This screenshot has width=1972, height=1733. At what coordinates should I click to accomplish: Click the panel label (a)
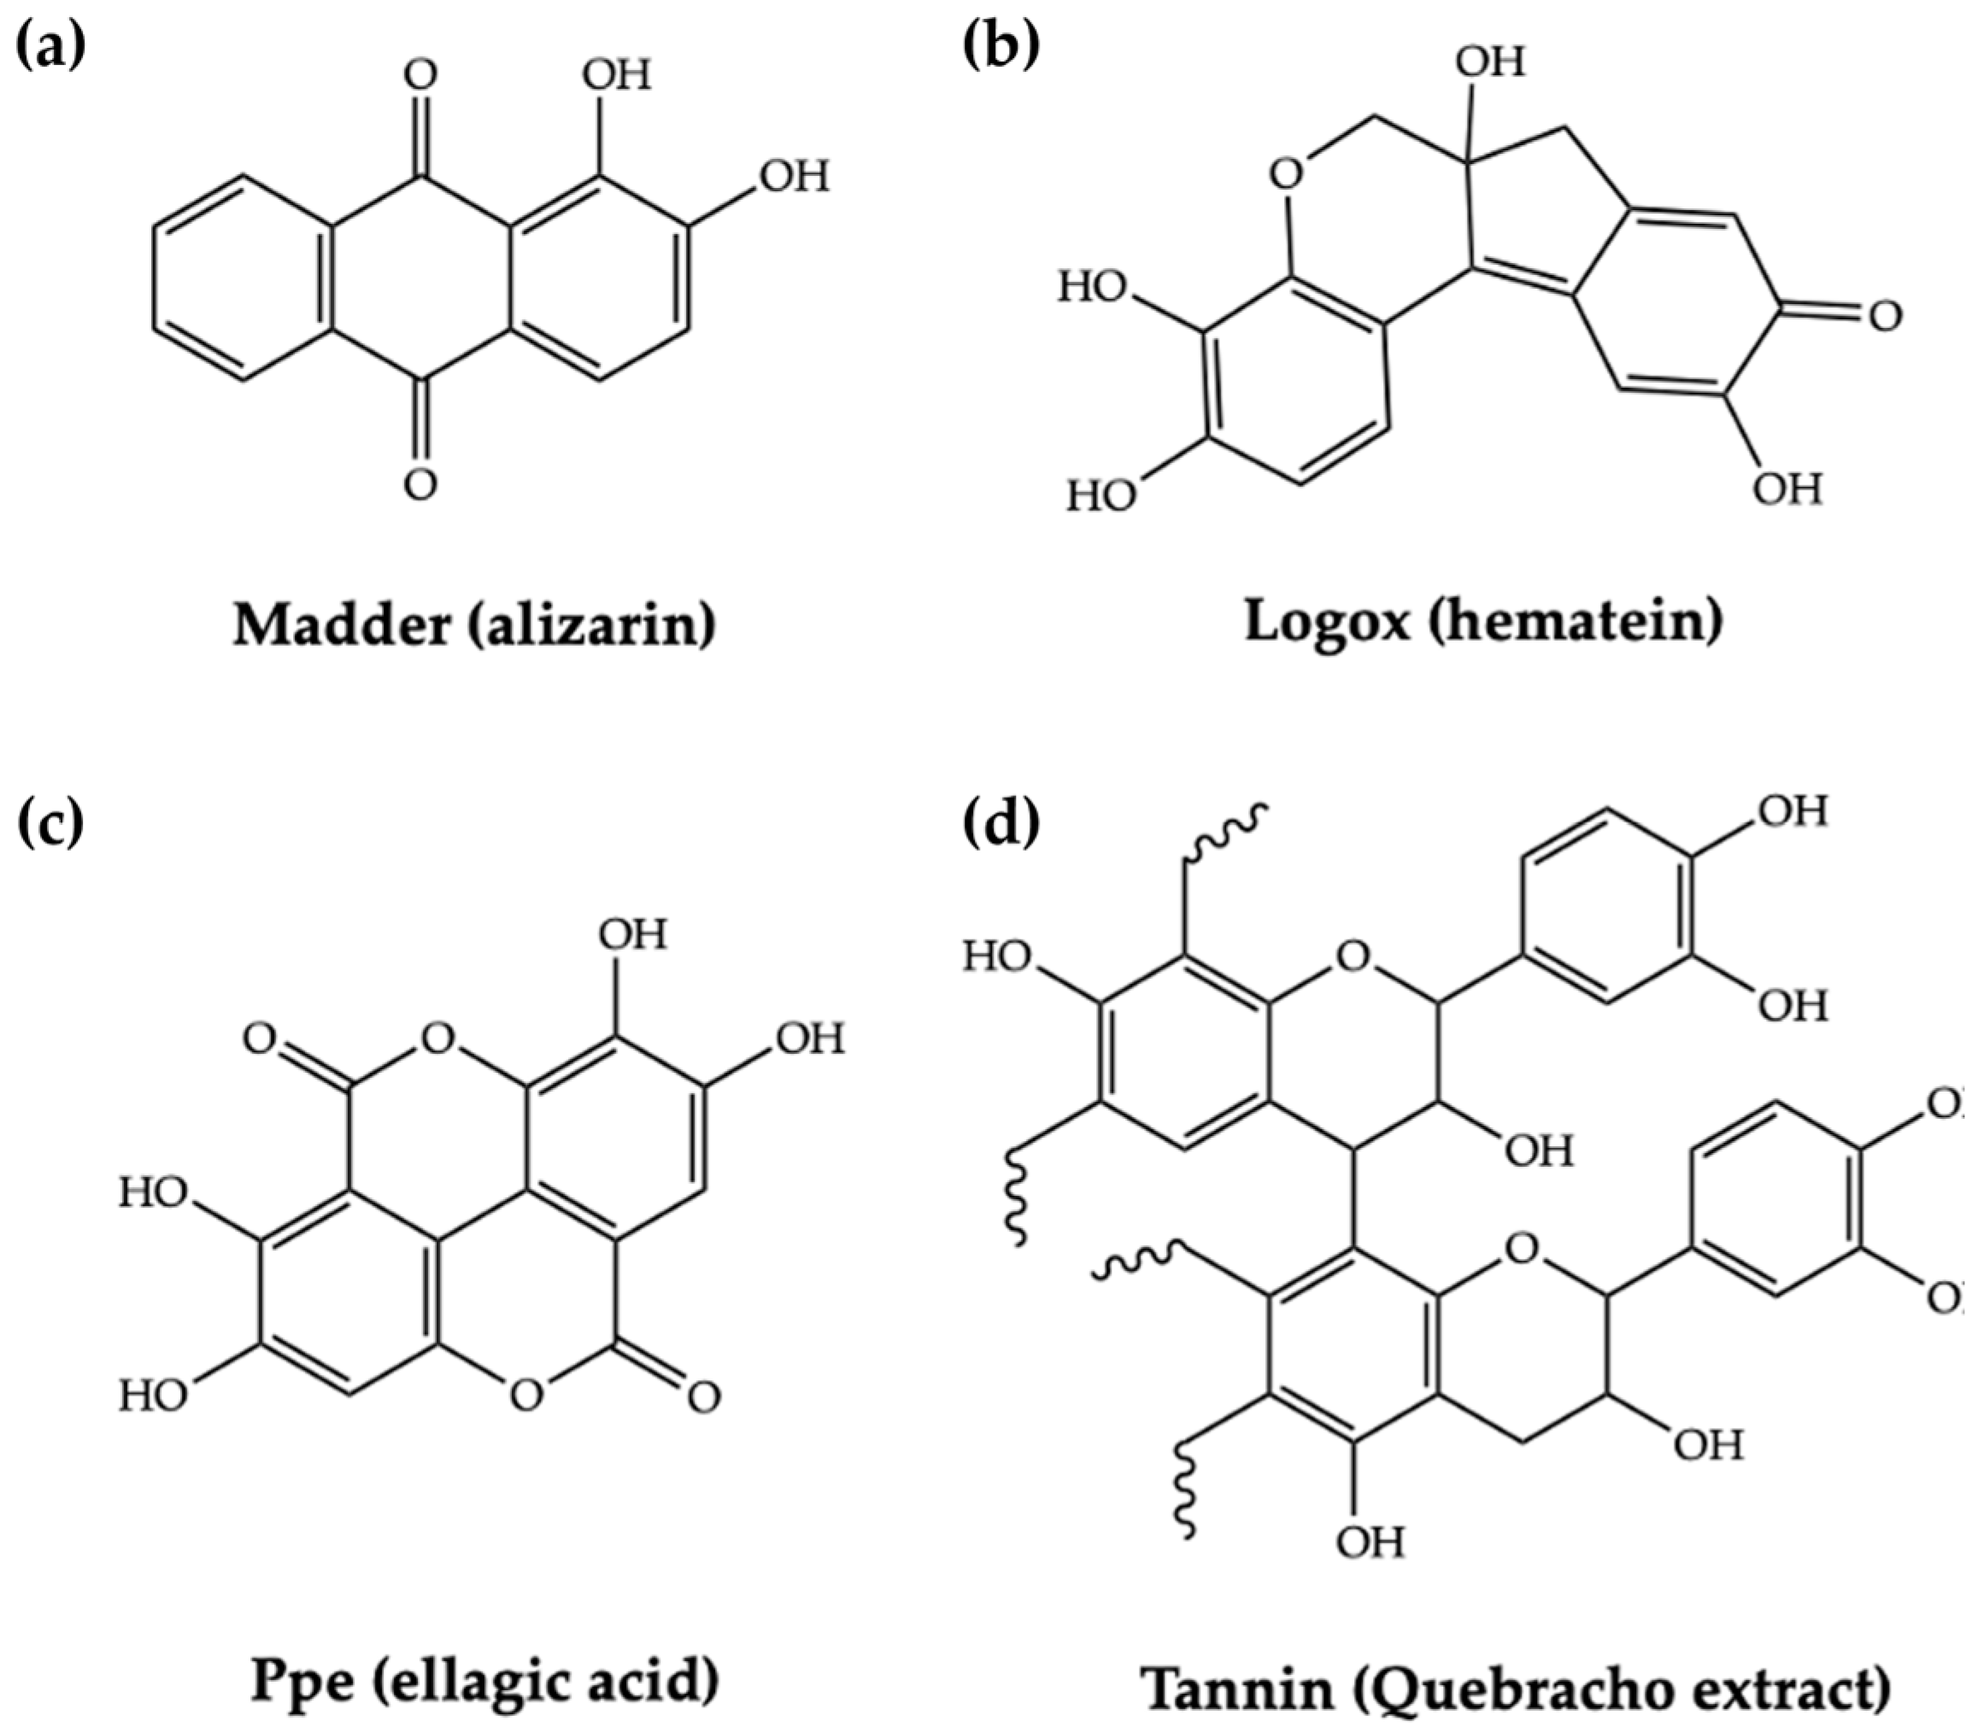pyautogui.click(x=51, y=47)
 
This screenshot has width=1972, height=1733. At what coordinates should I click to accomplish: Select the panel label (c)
pyautogui.click(x=50, y=824)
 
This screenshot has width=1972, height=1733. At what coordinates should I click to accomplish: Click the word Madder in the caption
pyautogui.click(x=342, y=626)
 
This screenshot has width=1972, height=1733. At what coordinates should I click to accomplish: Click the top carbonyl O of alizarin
pyautogui.click(x=420, y=73)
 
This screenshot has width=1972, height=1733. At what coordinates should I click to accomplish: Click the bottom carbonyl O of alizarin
pyautogui.click(x=420, y=485)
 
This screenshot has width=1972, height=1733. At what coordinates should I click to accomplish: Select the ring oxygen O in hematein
pyautogui.click(x=1286, y=177)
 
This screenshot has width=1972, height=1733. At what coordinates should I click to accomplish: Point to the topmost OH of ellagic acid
pyautogui.click(x=632, y=934)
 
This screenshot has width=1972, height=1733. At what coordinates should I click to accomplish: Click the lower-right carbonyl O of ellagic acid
pyautogui.click(x=703, y=1397)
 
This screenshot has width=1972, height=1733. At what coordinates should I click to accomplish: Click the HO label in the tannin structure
pyautogui.click(x=999, y=957)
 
